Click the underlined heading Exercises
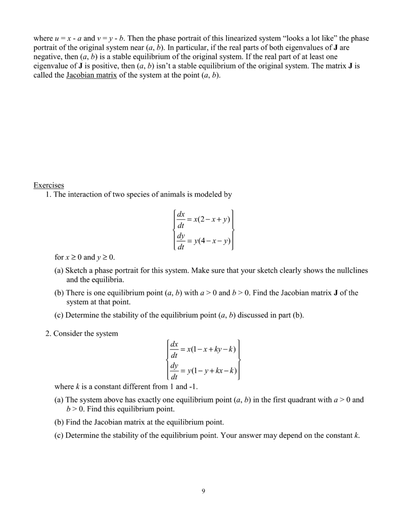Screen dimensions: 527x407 48,185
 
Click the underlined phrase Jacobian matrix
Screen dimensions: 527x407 91,75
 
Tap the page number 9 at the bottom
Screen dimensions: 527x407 203,491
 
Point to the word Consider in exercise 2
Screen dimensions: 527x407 68,333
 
